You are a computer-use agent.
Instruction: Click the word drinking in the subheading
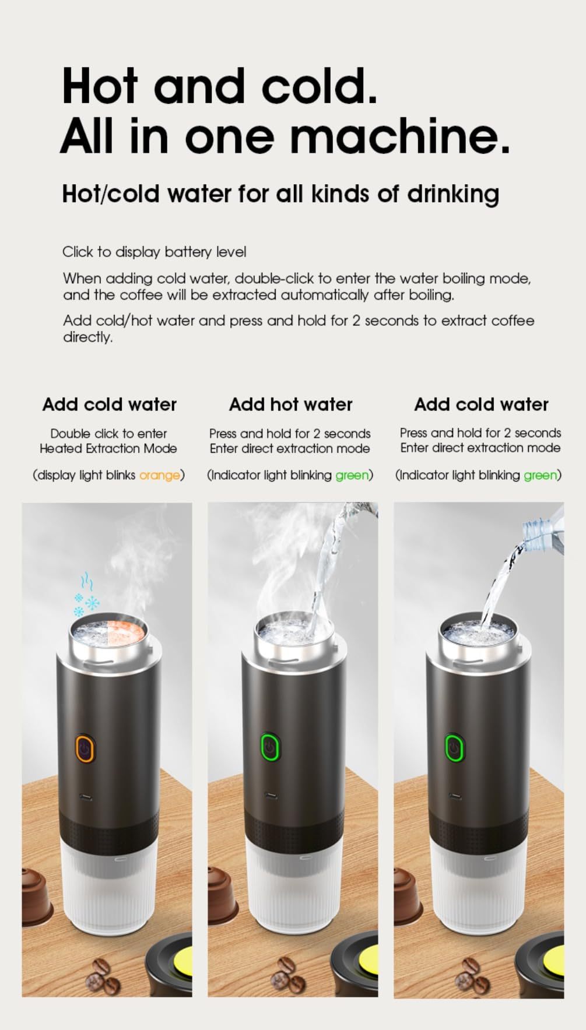pyautogui.click(x=452, y=194)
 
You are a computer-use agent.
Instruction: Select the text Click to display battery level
pyautogui.click(x=155, y=252)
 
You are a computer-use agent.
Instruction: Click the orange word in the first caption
pyautogui.click(x=159, y=475)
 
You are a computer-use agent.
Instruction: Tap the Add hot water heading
pyautogui.click(x=290, y=404)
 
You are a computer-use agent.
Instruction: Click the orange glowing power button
pyautogui.click(x=86, y=749)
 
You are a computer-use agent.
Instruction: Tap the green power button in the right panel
pyautogui.click(x=454, y=748)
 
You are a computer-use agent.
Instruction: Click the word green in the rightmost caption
pyautogui.click(x=540, y=475)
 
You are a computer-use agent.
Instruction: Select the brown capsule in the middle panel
pyautogui.click(x=221, y=895)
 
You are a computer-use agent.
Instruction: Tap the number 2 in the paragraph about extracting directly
pyautogui.click(x=356, y=321)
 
